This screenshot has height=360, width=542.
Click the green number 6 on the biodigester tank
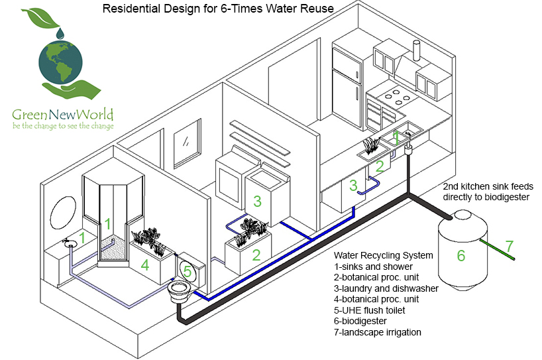pyautogui.click(x=461, y=256)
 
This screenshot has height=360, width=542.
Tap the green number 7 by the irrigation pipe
pyautogui.click(x=509, y=247)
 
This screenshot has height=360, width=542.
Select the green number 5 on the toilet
pyautogui.click(x=188, y=271)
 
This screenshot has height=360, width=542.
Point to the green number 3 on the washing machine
pyautogui.click(x=257, y=201)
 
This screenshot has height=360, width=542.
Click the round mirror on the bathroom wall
pyautogui.click(x=64, y=213)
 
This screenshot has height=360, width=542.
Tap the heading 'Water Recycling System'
pyautogui.click(x=384, y=255)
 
